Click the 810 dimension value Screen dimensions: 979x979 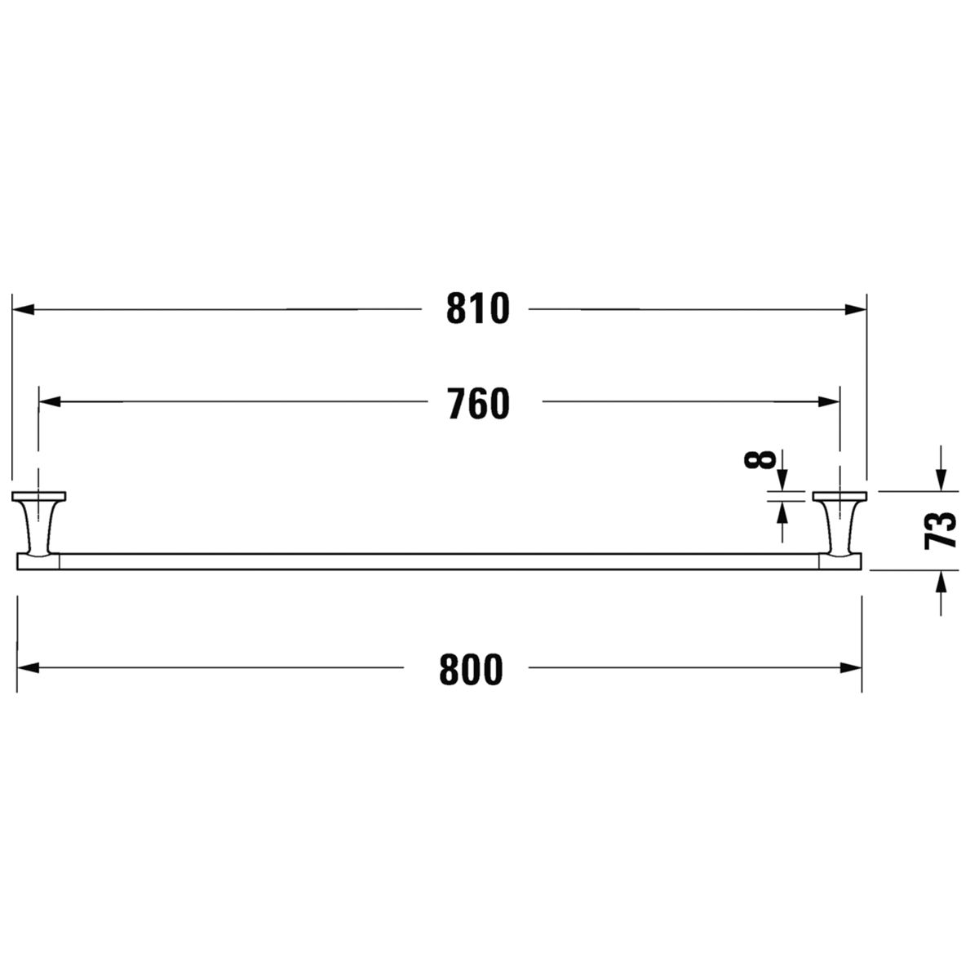point(477,309)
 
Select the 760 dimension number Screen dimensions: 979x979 point(479,403)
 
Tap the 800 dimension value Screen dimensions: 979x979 point(471,670)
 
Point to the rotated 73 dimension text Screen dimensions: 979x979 point(941,530)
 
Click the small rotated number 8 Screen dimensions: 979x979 point(760,459)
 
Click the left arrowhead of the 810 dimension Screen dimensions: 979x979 point(23,309)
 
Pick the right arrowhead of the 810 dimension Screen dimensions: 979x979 point(856,309)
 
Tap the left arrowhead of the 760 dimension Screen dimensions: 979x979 point(50,402)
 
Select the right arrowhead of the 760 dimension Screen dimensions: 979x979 point(829,402)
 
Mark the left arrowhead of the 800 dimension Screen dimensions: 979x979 point(28,668)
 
